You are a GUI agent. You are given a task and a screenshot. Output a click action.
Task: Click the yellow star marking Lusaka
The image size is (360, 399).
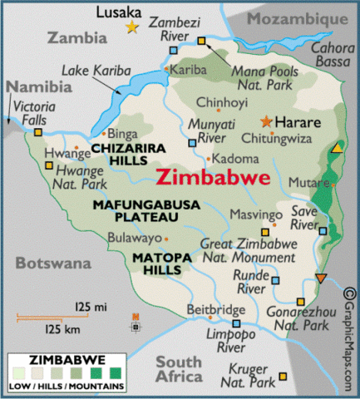(131, 27)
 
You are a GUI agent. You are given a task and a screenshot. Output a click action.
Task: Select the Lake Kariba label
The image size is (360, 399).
(88, 73)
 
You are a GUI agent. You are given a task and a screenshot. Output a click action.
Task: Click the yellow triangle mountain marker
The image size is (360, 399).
(336, 148)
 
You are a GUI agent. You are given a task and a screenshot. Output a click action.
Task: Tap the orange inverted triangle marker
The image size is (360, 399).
(321, 278)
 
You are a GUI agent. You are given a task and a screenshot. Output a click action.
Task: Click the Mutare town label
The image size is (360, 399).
(305, 181)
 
